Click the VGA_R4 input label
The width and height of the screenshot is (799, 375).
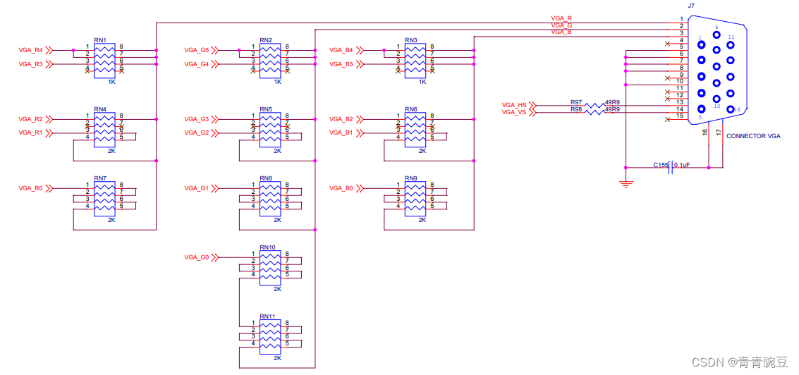[30, 51]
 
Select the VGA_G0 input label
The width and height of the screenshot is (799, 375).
[196, 258]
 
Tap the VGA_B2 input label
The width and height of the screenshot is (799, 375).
[341, 119]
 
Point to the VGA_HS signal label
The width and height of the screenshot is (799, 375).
[514, 105]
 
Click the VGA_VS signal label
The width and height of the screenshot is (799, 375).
[514, 112]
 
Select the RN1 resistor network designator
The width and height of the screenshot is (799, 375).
[100, 40]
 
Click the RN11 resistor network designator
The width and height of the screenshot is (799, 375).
[267, 316]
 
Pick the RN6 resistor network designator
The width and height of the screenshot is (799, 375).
[411, 109]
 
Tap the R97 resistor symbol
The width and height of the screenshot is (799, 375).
[594, 105]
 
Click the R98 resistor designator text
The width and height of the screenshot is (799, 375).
[576, 110]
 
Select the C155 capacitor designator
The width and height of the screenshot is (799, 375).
[660, 165]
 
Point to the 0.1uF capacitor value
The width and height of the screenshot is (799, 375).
[683, 165]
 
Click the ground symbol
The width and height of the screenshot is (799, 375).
[626, 184]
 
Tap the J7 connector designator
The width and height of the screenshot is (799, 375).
[691, 5]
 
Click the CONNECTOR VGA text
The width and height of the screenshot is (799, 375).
[753, 136]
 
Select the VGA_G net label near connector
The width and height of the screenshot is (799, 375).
[561, 25]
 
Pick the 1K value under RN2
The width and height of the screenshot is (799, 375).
[277, 82]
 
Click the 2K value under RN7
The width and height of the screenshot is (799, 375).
[111, 220]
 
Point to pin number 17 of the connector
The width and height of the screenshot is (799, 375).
[719, 132]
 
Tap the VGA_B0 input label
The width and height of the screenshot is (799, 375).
[341, 188]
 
